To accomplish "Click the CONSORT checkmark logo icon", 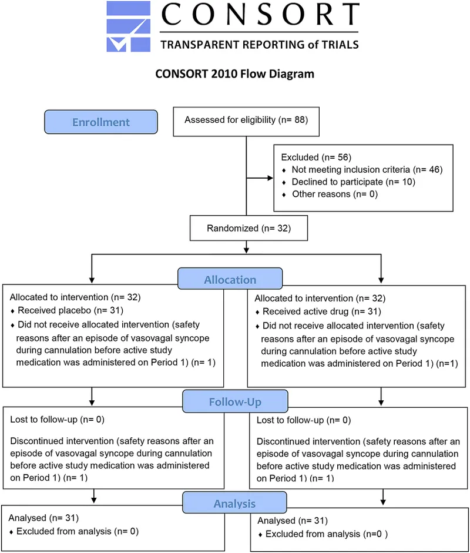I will [x=129, y=26].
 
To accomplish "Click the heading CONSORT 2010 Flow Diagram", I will [x=234, y=74].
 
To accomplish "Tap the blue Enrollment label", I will [x=100, y=122].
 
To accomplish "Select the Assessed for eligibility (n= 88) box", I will [x=246, y=120].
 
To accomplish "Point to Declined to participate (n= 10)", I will [x=353, y=182].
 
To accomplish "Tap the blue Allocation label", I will [x=230, y=280].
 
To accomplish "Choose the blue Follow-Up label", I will [x=234, y=403].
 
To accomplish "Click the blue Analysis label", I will [x=234, y=504].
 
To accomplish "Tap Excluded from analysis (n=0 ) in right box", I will [x=327, y=534].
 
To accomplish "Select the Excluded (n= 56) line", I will [x=310, y=157].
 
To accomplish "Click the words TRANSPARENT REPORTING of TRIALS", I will [x=259, y=44].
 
